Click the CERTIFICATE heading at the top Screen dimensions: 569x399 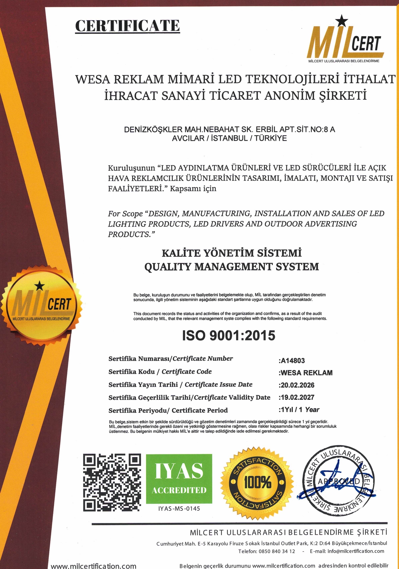[127, 26]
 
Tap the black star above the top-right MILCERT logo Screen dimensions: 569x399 [341, 21]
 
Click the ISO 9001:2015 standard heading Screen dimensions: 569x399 [229, 336]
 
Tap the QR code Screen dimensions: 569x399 [112, 482]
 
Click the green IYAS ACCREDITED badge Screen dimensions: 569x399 [179, 479]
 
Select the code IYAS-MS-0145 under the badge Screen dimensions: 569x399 [179, 509]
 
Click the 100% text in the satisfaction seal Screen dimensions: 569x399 [258, 483]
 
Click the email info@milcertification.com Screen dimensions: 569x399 [356, 551]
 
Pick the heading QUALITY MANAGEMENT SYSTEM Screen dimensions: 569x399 [231, 267]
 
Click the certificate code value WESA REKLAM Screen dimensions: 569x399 [306, 373]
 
